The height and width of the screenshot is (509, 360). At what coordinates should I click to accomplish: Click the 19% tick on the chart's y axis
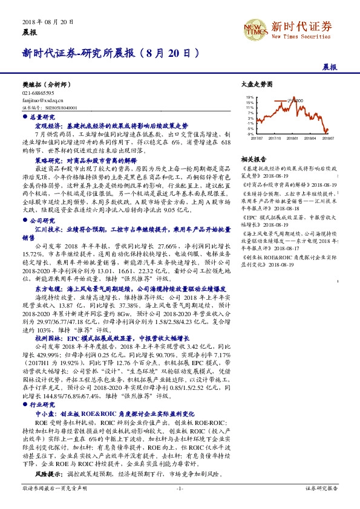pyautogui.click(x=250, y=97)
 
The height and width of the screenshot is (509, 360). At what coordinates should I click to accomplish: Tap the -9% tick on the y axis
pyautogui.click(x=250, y=134)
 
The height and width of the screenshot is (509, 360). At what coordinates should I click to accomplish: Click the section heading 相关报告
pyautogui.click(x=251, y=158)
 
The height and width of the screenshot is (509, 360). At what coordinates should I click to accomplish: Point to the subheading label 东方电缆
pyautogui.click(x=47, y=289)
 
